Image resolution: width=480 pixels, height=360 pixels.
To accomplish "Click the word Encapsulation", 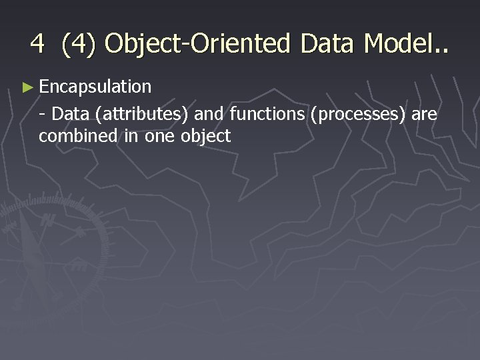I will (x=95, y=87).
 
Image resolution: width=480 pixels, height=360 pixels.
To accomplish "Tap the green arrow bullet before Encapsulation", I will (x=27, y=87).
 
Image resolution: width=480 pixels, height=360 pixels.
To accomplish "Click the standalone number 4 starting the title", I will (x=37, y=44).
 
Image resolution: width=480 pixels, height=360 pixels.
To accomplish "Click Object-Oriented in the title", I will (x=197, y=44).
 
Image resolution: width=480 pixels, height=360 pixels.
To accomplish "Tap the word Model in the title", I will (x=397, y=44).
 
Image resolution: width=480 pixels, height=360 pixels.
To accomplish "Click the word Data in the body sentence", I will (x=71, y=115).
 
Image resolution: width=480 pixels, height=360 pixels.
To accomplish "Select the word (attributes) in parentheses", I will (x=141, y=115).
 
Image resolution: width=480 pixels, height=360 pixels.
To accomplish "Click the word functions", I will (x=267, y=115).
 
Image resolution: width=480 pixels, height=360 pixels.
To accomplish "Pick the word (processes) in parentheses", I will (x=358, y=115).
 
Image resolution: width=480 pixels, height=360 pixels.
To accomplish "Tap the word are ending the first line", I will (x=424, y=115).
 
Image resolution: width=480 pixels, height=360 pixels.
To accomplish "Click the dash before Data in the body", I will (x=42, y=115).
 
